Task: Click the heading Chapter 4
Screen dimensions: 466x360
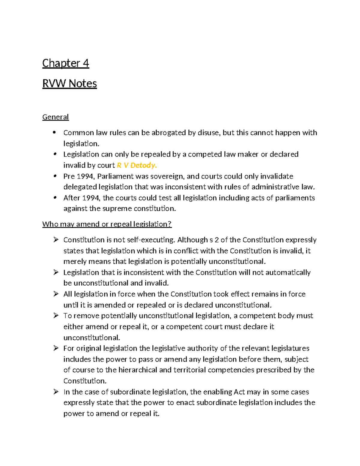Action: [x=66, y=63]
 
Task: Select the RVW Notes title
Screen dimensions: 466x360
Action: [x=70, y=83]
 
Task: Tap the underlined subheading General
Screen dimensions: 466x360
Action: [x=55, y=117]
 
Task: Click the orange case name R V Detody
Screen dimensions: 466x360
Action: [x=137, y=165]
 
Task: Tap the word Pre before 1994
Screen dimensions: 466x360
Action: [x=69, y=176]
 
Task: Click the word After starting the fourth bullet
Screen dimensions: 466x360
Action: [x=71, y=198]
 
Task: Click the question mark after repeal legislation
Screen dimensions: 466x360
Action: [x=170, y=224]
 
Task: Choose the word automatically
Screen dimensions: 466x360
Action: [x=288, y=272]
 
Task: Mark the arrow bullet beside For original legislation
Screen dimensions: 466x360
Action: [x=56, y=348]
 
